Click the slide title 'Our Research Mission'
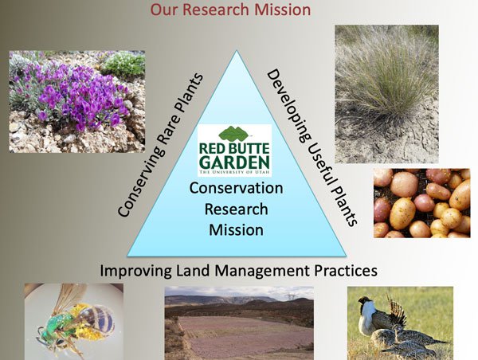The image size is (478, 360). pos(230,9)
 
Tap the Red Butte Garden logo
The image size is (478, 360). pos(234,151)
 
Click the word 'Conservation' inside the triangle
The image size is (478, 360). pos(236,188)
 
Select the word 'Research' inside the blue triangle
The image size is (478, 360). pos(237,209)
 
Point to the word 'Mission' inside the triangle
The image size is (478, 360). pos(237,230)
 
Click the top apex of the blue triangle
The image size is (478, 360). pos(237,50)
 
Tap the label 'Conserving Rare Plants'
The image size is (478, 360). pos(161,145)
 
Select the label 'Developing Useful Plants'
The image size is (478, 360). pos(312,147)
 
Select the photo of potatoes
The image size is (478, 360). pos(422,203)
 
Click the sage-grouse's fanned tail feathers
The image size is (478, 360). pos(396,309)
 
